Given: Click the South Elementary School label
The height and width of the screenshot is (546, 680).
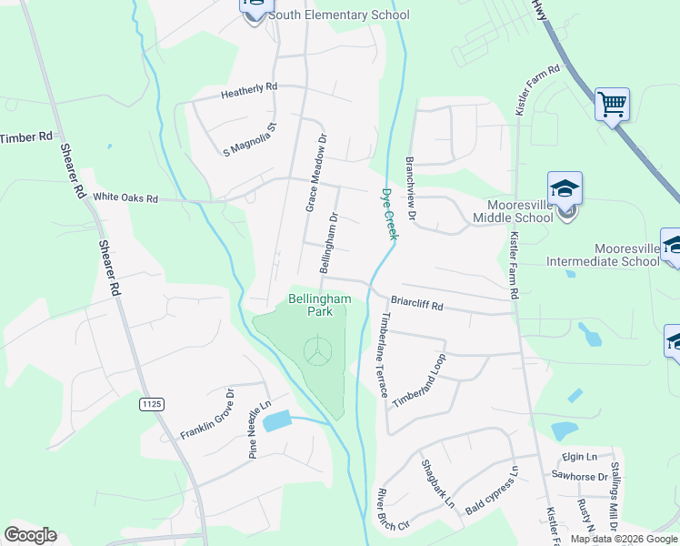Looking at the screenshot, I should point(339,15).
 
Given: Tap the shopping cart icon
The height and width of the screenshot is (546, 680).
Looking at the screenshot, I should point(612,104).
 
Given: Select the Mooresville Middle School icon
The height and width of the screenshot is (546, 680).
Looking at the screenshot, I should point(565,188).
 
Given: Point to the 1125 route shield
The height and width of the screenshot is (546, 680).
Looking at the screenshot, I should point(151,402).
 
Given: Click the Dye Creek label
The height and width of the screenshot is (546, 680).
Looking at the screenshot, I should point(390,213).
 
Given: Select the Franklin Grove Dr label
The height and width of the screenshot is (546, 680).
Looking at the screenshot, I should point(206,413).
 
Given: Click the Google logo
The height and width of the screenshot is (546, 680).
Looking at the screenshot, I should point(30,535).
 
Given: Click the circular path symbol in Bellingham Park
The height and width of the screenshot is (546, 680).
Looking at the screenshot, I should point(315,351).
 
